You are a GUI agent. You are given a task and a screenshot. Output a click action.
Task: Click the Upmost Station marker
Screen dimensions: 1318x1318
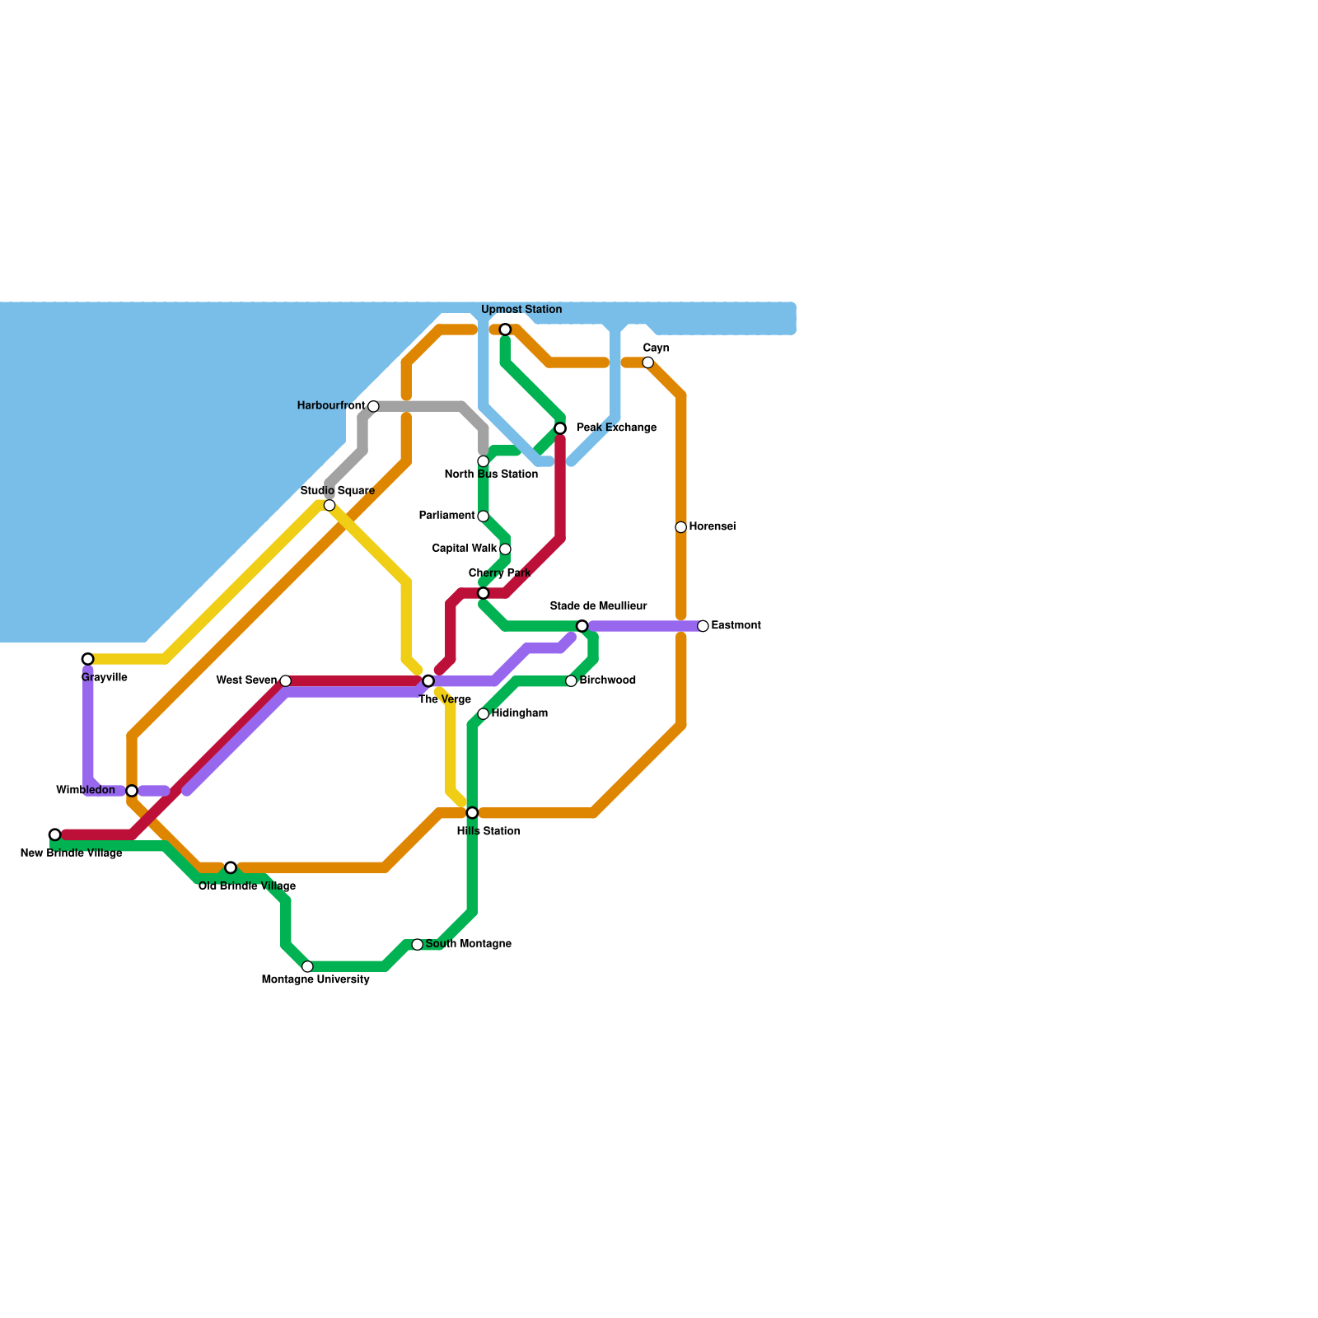[505, 329]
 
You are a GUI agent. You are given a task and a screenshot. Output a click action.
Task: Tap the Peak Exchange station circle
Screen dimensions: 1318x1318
[560, 428]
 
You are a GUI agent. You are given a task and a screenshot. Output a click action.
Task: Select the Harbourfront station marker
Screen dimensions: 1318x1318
[373, 406]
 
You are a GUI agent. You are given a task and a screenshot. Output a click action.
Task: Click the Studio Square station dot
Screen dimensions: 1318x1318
[329, 505]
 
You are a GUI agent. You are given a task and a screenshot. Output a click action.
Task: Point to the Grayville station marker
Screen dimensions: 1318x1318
[87, 659]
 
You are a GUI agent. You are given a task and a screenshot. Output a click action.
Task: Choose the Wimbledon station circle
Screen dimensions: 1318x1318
[132, 791]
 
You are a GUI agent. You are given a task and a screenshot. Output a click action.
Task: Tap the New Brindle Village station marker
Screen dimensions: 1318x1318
[54, 834]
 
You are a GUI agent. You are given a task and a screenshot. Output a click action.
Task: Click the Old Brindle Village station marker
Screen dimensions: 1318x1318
[231, 867]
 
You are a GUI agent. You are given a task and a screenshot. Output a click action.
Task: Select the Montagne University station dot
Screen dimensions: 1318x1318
[307, 966]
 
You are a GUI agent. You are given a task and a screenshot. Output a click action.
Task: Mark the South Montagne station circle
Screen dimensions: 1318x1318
[418, 944]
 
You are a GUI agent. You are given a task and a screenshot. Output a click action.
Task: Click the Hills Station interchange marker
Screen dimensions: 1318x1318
[472, 813]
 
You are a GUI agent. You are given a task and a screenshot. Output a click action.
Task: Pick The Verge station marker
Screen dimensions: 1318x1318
[428, 680]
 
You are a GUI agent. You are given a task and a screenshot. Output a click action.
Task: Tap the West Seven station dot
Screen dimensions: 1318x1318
[285, 680]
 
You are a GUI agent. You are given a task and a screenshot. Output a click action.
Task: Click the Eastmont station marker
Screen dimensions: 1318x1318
[703, 626]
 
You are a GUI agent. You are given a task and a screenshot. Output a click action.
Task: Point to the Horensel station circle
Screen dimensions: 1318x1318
[680, 527]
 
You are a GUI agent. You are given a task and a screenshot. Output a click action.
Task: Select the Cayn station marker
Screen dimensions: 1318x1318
[648, 362]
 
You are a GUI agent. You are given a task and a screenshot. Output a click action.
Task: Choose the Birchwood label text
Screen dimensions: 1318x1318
[607, 680]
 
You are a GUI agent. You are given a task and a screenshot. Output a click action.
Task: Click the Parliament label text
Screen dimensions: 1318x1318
[446, 516]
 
